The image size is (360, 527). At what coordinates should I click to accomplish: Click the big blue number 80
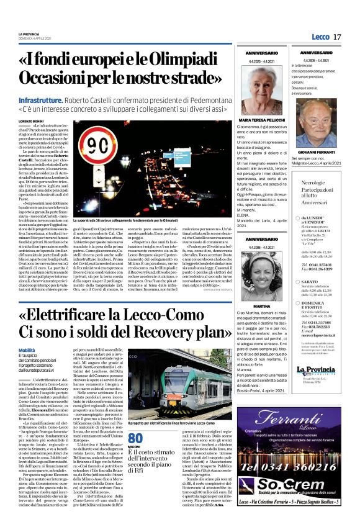click(x=135, y=438)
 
